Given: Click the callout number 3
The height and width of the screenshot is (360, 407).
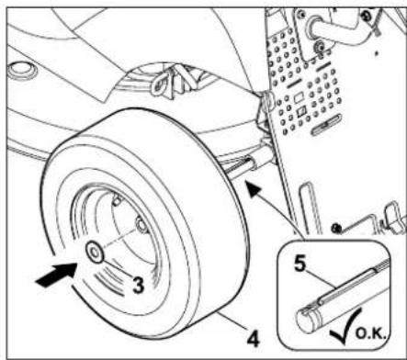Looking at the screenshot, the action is tap(138, 286).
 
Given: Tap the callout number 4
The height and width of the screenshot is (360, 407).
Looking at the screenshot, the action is tap(254, 339).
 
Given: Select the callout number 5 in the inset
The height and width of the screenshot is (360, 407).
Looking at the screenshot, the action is tap(300, 264).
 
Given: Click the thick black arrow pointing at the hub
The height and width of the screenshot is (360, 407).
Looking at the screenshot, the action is tap(56, 275).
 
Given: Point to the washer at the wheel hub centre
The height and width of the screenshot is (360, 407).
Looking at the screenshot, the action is tap(95, 253).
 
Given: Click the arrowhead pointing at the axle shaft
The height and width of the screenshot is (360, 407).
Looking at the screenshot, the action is tap(254, 189).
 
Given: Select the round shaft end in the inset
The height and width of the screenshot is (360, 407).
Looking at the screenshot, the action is tap(306, 320).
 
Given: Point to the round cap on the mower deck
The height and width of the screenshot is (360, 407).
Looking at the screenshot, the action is tap(22, 71).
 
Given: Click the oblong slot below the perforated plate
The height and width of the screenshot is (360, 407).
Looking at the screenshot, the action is tap(326, 125).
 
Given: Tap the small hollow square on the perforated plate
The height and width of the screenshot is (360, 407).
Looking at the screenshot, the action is tap(299, 98).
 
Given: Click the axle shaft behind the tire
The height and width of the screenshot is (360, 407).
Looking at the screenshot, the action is tap(242, 169).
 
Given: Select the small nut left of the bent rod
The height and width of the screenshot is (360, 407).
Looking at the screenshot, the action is tap(336, 228).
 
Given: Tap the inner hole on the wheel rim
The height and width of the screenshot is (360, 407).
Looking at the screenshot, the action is tap(141, 225).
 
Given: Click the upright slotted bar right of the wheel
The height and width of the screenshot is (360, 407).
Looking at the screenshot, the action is tap(311, 208).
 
